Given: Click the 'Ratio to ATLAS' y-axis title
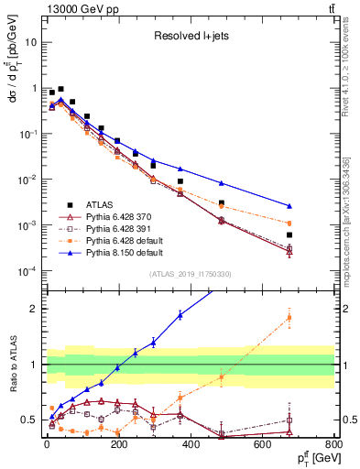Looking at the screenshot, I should coord(13,365).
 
